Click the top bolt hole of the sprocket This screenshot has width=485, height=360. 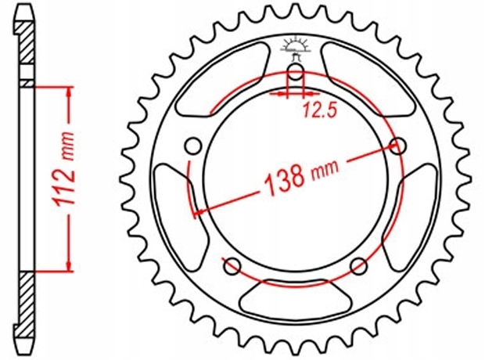pyautogui.click(x=296, y=72)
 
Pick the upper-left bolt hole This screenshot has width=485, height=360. pyautogui.click(x=193, y=146)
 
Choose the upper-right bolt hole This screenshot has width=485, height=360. pyautogui.click(x=397, y=146)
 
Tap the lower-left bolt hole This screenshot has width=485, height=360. pyautogui.click(x=232, y=266)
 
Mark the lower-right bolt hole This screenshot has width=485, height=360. pyautogui.click(x=359, y=266)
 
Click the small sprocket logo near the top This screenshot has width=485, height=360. pyautogui.click(x=295, y=49)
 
